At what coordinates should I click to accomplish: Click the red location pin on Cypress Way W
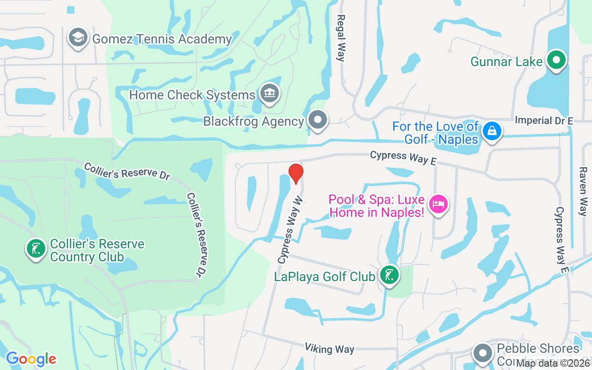[x=296, y=173]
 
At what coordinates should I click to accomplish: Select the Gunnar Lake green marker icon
[x=556, y=60]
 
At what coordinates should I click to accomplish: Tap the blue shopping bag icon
[x=492, y=131]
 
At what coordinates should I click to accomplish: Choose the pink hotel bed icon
[x=438, y=204]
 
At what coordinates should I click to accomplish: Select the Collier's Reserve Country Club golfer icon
[x=36, y=249]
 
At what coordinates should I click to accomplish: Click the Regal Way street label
[x=341, y=38]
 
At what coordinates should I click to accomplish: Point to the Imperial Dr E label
[x=544, y=121]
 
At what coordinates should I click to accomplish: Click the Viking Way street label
[x=329, y=349]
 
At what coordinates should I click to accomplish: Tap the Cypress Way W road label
[x=290, y=230]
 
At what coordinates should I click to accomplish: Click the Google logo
[x=31, y=358]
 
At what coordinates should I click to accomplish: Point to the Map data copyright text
[x=553, y=363]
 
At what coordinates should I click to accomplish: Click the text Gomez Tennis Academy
[x=162, y=39]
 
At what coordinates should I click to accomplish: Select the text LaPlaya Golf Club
[x=324, y=277]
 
